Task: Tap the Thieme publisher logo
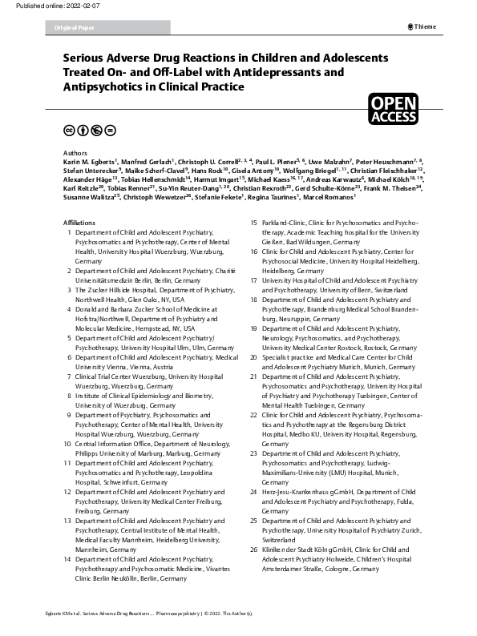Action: pyautogui.click(x=422, y=26)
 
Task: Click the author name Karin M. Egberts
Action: pyautogui.click(x=87, y=160)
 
